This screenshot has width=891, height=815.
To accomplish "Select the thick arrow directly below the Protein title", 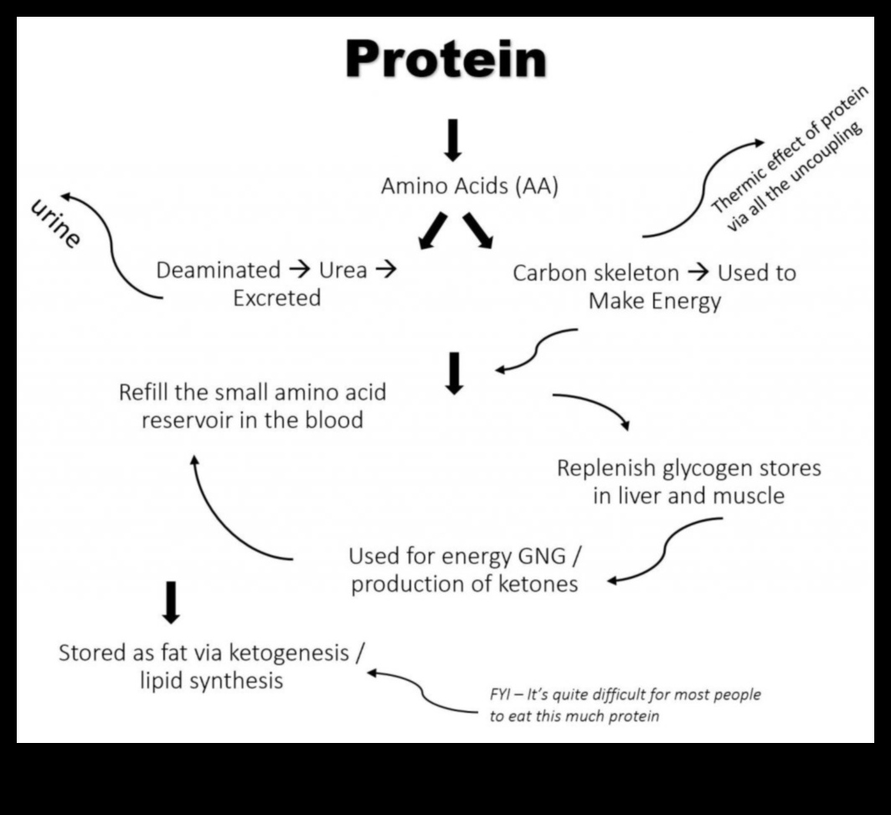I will click(x=452, y=139).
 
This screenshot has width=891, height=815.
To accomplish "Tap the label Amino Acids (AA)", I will click(x=469, y=186).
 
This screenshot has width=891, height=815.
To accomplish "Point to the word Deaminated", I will click(x=219, y=271).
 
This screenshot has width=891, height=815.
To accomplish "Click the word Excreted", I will click(x=276, y=298).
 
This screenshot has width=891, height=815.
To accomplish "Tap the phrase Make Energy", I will click(x=654, y=301).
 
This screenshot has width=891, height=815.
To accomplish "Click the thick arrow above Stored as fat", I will click(x=171, y=601).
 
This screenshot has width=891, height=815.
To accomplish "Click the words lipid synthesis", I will click(x=211, y=680).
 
